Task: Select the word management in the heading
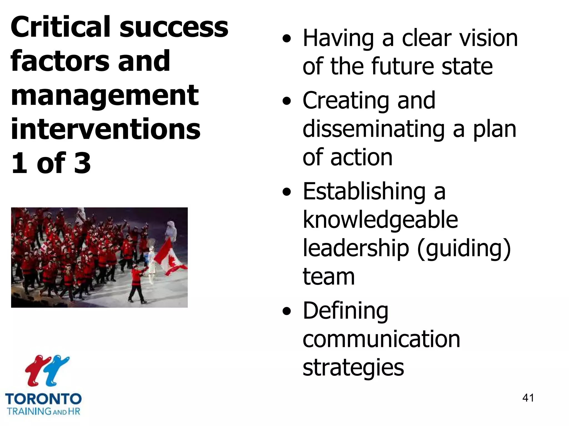tap(105, 96)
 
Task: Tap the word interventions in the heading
tap(105, 129)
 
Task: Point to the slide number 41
tap(528, 398)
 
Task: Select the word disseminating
tap(374, 129)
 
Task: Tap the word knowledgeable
tap(380, 220)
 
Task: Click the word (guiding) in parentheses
tap(464, 248)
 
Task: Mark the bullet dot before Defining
tap(287, 311)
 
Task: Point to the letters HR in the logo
tap(74, 411)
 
